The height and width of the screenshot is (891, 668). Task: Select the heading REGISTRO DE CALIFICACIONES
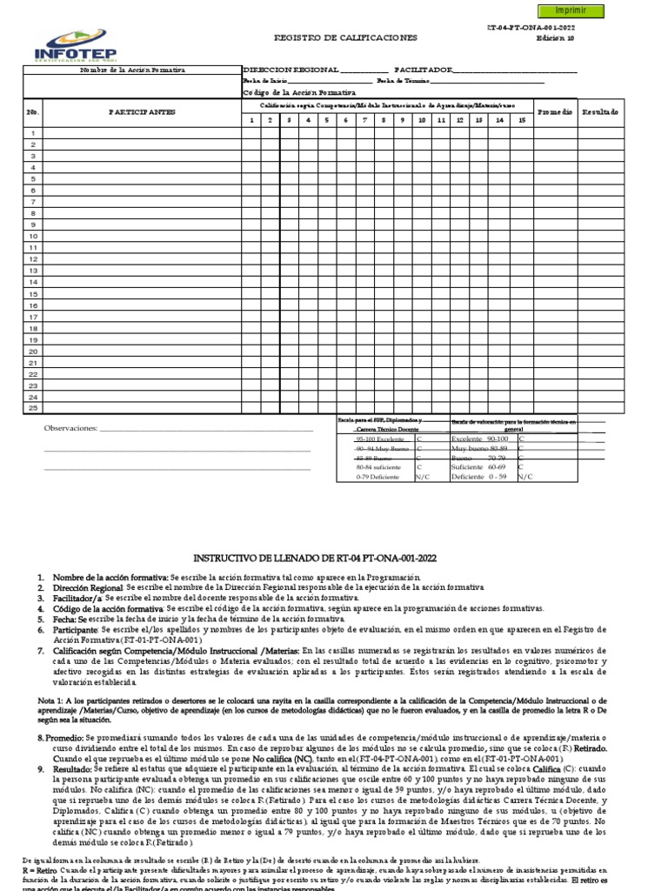[345, 38]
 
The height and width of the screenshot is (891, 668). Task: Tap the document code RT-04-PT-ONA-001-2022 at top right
[531, 29]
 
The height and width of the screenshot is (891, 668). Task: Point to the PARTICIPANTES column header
[142, 112]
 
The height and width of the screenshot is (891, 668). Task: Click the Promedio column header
[554, 112]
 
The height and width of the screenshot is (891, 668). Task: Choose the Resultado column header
[600, 112]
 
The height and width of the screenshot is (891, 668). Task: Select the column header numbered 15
[521, 120]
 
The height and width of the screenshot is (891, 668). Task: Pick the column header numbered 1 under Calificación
[250, 120]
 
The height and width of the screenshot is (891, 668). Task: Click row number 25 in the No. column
[33, 407]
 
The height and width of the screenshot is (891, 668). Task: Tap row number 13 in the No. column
[33, 270]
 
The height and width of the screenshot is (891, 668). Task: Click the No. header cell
[33, 112]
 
